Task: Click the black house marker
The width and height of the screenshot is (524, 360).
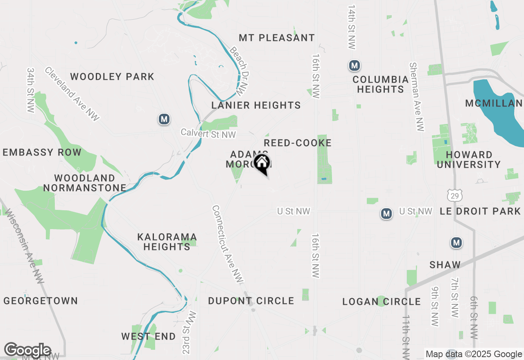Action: tap(262, 164)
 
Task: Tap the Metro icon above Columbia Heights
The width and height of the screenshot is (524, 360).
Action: tap(355, 65)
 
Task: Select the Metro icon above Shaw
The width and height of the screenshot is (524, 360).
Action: tap(456, 243)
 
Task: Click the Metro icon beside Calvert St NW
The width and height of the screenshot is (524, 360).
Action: tap(164, 119)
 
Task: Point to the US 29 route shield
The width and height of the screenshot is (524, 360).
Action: tap(455, 196)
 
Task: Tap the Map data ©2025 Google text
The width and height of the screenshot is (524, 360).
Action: tap(474, 354)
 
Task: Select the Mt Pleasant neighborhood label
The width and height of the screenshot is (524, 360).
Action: tap(277, 38)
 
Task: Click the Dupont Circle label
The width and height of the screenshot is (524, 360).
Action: tap(251, 301)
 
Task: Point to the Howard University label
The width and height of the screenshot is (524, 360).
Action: tap(474, 160)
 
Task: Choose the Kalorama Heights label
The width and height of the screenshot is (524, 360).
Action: tap(167, 242)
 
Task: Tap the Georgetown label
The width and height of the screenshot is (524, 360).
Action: tap(41, 301)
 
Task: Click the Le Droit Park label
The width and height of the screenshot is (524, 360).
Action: tap(480, 211)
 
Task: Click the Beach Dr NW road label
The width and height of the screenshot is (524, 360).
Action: tap(239, 70)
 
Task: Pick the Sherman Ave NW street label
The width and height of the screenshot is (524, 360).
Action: tap(416, 97)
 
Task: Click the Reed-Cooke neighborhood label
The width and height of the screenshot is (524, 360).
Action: tap(298, 143)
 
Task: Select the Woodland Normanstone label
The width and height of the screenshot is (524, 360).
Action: tap(85, 183)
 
